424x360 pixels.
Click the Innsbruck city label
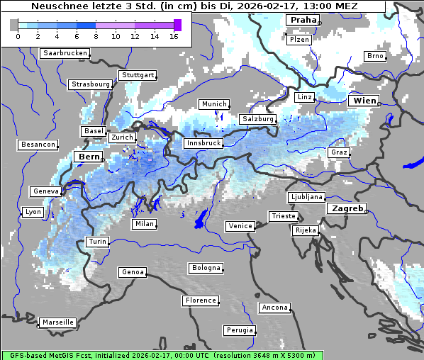[203, 143]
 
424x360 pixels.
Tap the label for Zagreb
[346, 209]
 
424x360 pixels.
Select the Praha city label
[302, 21]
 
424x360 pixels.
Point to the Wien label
[364, 101]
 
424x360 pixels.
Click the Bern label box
[89, 157]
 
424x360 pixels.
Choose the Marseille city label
[57, 322]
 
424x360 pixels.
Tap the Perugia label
[239, 330]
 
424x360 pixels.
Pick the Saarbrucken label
[65, 53]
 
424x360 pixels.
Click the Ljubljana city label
[306, 197]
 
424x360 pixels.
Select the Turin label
[97, 242]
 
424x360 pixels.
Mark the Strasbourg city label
[91, 84]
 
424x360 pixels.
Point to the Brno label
[374, 56]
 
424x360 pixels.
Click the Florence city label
[200, 300]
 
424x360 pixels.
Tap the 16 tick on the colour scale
[174, 37]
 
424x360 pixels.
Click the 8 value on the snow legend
[96, 37]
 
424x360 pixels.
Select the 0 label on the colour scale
[17, 37]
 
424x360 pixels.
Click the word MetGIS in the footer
[60, 355]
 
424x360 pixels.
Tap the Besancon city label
[38, 145]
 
